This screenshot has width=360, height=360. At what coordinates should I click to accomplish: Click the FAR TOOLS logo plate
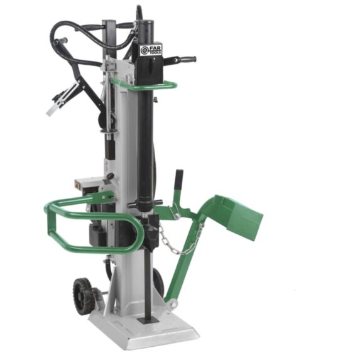[x=151, y=50]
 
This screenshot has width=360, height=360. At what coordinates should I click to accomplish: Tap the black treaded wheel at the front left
[x=83, y=296]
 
